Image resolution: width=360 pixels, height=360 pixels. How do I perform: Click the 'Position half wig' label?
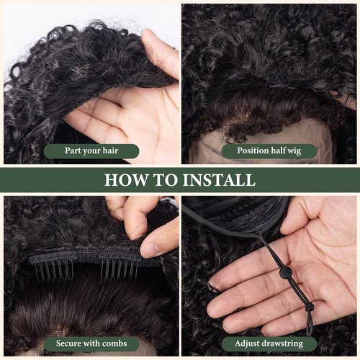click(269, 151)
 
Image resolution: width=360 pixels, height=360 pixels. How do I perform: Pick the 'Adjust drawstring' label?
click(269, 344)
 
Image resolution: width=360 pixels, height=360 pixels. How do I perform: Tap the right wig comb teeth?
click(120, 270)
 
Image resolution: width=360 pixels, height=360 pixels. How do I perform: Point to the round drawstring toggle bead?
click(286, 273)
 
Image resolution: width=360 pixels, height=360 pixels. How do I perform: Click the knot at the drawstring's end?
click(309, 308)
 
